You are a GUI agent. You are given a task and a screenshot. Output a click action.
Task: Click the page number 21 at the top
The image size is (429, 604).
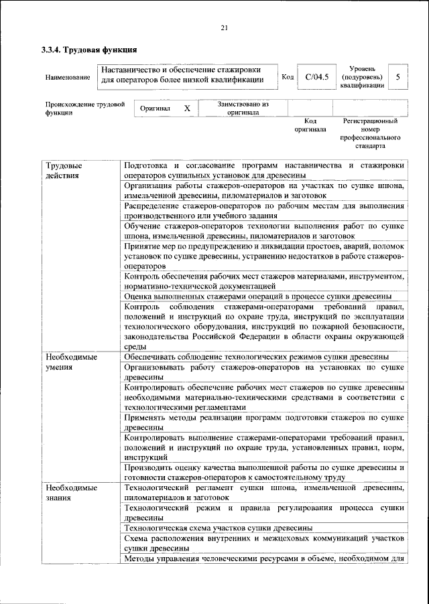(x=225, y=27)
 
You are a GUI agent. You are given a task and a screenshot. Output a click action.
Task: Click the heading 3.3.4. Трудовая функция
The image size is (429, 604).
(x=89, y=50)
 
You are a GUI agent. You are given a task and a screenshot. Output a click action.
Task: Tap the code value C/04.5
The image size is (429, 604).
(x=316, y=77)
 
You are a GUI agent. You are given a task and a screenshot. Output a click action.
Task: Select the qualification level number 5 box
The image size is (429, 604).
(x=397, y=77)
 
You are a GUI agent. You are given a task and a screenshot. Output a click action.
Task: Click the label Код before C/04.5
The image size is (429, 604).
(x=288, y=77)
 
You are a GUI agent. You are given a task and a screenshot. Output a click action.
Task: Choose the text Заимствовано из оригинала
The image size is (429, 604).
(x=243, y=108)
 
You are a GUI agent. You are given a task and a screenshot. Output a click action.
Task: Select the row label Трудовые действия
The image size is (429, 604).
(x=64, y=170)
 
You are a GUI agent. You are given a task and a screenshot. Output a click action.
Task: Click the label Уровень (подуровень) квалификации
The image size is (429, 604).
(x=362, y=77)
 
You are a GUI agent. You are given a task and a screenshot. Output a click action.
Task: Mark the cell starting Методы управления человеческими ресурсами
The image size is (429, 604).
(x=263, y=560)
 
